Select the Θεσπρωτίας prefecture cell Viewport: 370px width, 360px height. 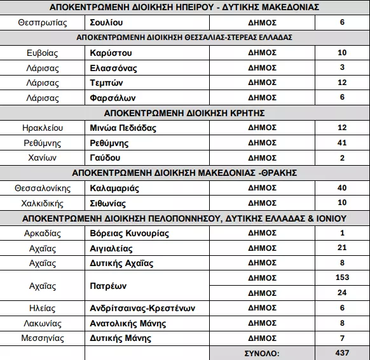[x=43, y=22]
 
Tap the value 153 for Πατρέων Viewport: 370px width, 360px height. [x=342, y=277]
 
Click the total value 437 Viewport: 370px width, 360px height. [x=342, y=353]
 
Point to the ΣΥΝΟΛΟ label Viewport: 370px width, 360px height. [x=262, y=353]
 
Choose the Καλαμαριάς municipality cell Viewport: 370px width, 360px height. [x=115, y=189]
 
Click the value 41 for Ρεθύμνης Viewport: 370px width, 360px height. [x=342, y=143]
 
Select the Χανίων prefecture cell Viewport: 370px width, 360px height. [x=43, y=158]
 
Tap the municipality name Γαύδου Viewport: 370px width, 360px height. [x=106, y=158]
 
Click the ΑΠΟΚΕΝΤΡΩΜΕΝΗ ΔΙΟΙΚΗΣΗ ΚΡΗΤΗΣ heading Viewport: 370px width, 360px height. [x=184, y=113]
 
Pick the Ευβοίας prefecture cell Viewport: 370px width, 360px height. [x=43, y=52]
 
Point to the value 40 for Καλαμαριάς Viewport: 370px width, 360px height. [x=342, y=189]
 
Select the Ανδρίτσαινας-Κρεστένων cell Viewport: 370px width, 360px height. [x=142, y=309]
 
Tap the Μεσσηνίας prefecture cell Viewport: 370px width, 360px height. [x=43, y=338]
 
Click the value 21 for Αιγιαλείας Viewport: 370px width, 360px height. [x=342, y=248]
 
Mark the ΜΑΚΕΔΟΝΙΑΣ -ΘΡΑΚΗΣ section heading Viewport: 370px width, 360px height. [x=184, y=173]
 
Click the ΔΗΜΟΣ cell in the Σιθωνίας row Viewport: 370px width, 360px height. [x=262, y=204]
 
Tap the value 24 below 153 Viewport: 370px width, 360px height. [x=342, y=293]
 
